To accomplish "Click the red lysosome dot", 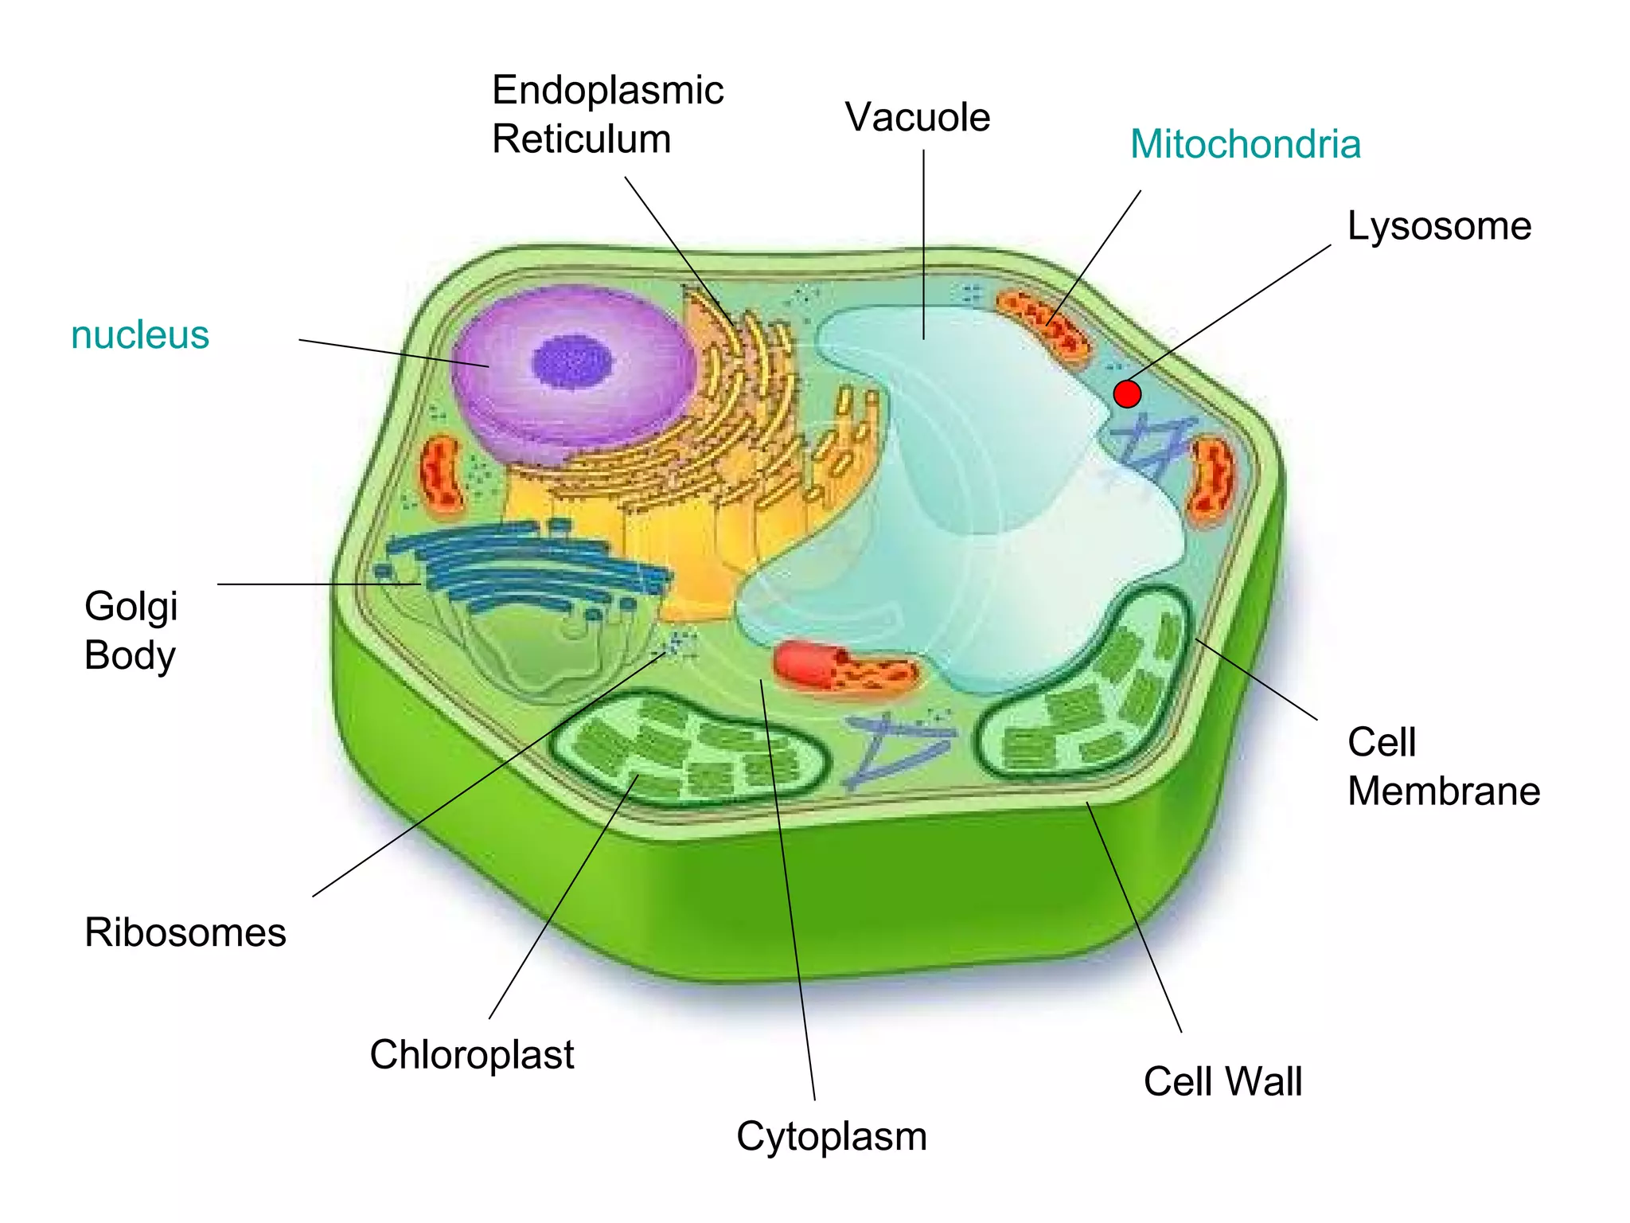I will click(x=1127, y=393).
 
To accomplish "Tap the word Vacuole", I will click(x=917, y=118).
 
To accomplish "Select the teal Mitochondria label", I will click(x=1245, y=145).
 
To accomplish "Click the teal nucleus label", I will click(x=140, y=334).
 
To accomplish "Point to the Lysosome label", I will click(x=1439, y=226).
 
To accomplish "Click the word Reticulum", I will click(x=581, y=139).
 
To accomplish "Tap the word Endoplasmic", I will click(x=607, y=90).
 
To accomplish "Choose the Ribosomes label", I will click(x=185, y=932).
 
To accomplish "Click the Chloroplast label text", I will click(x=471, y=1055).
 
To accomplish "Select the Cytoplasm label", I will click(x=831, y=1136).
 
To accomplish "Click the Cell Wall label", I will click(x=1222, y=1082).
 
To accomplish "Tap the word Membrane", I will click(x=1443, y=791).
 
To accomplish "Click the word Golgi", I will click(x=131, y=607).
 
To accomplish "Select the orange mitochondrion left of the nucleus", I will click(x=441, y=473).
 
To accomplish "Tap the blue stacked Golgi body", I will click(x=525, y=565).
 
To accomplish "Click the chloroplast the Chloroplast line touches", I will click(x=684, y=748).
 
